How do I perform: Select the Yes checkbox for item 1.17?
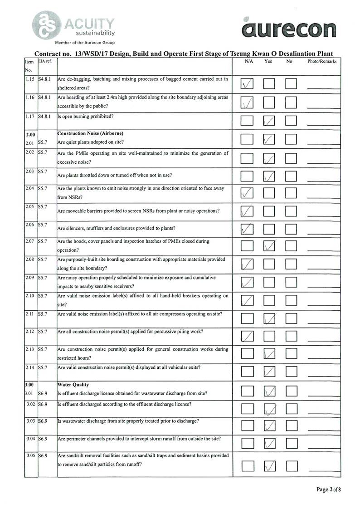point(269,120)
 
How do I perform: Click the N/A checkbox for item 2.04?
point(248,193)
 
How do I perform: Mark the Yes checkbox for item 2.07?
point(269,246)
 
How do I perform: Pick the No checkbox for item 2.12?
point(291,336)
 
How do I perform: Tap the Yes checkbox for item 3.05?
point(269,465)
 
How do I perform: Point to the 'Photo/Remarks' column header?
point(322,61)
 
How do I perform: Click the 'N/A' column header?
point(248,61)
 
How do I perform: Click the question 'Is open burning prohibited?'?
point(86,116)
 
